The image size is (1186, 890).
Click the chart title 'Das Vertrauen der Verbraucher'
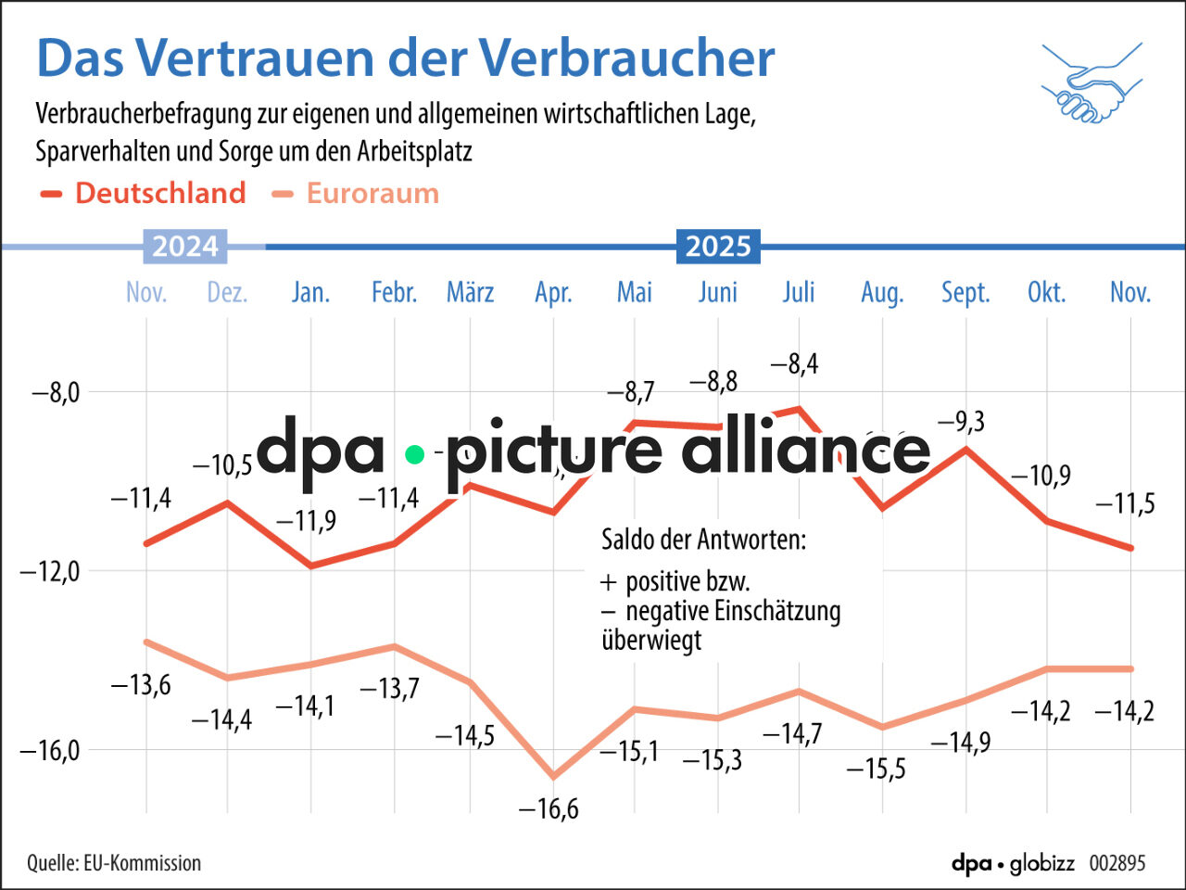[x=405, y=57]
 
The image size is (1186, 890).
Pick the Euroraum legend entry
[x=356, y=193]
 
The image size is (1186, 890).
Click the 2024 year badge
[x=185, y=247]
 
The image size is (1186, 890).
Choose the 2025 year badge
[x=718, y=247]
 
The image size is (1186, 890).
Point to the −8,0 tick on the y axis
[x=56, y=392]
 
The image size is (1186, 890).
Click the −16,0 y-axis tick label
[x=50, y=750]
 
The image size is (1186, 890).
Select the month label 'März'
[x=470, y=293]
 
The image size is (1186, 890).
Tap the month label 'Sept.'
[x=965, y=293]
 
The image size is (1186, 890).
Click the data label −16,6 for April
[x=549, y=809]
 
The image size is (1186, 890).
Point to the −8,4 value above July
[x=795, y=364]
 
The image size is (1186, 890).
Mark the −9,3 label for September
[x=961, y=422]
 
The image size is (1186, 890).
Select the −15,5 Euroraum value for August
[x=876, y=769]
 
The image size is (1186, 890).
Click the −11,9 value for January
[x=307, y=521]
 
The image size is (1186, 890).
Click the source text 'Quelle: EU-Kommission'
[x=114, y=863]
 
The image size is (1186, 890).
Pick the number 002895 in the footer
[x=1117, y=863]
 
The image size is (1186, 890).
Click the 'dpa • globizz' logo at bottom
[x=1013, y=863]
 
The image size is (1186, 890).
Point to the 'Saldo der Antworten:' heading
[x=703, y=540]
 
